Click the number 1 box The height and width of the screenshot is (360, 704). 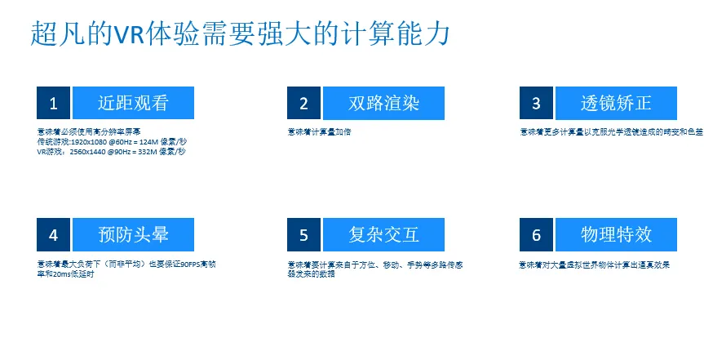[54, 103]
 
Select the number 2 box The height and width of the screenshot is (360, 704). [303, 103]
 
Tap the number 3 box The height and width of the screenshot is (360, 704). [536, 103]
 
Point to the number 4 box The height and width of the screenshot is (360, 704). [54, 235]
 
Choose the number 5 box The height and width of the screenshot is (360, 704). [303, 235]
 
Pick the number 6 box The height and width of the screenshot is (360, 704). [536, 235]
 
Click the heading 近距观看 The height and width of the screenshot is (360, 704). [133, 103]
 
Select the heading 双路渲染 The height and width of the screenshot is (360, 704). [383, 103]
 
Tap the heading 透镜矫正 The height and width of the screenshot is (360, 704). [616, 103]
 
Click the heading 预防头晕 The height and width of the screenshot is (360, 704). [133, 235]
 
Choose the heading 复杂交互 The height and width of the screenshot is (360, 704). [383, 235]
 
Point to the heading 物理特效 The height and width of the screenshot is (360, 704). [616, 235]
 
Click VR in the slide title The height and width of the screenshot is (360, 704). [131, 33]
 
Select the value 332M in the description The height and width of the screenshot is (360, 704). [142, 151]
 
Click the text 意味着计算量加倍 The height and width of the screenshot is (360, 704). [319, 131]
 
